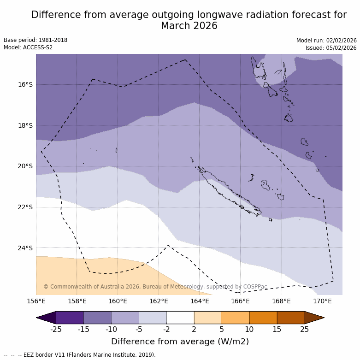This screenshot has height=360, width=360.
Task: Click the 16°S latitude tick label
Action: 25,85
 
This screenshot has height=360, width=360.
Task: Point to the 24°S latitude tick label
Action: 25,248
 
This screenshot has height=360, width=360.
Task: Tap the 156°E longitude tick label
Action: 36,301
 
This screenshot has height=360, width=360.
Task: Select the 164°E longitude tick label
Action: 200,301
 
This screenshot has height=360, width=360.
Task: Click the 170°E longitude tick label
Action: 322,301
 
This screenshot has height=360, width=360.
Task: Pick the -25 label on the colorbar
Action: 56,329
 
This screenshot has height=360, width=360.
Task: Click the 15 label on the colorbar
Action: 277,329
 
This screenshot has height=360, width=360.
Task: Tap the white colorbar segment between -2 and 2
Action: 180,318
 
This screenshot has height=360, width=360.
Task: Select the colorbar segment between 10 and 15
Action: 263,318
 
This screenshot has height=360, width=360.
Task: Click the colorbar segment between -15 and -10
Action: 98,318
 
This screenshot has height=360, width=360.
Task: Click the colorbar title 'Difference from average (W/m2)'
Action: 180,342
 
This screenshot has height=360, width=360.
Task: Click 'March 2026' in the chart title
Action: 189,26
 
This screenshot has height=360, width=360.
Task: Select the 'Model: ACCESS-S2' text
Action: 28,47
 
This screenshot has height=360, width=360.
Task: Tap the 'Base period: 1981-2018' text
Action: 35,40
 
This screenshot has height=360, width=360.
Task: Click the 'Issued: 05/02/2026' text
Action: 331,48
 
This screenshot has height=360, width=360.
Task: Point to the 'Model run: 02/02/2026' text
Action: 326,41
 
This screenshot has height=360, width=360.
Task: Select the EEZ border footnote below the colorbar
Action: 80,355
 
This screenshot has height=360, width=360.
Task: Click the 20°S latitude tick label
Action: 25,166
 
